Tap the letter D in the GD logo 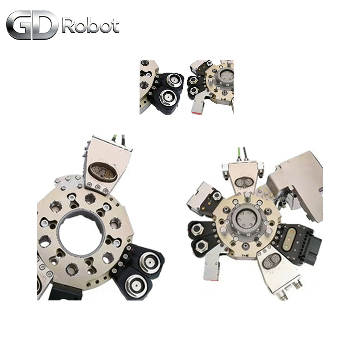point(46,25)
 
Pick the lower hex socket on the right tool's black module point(201,246)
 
